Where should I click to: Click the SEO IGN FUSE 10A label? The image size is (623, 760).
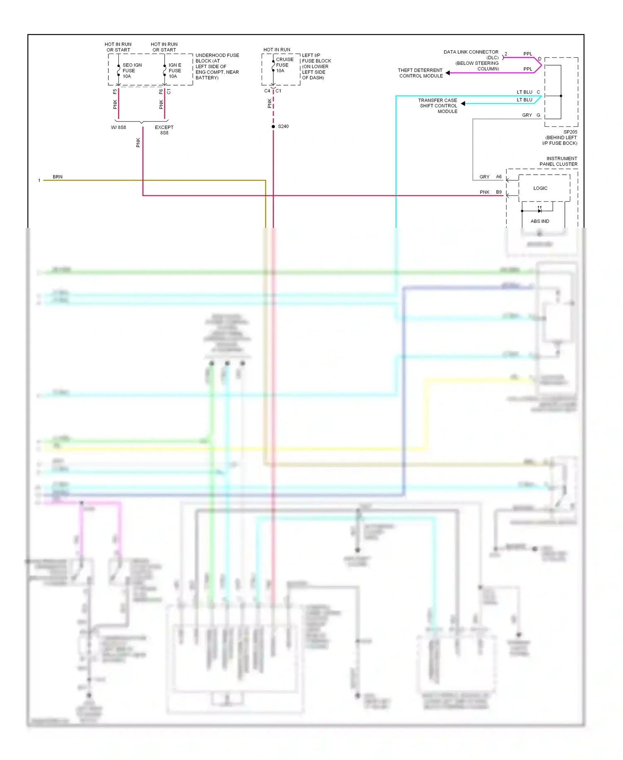(132, 71)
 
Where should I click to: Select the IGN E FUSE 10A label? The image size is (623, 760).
(175, 71)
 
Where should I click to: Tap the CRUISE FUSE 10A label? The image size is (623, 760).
(285, 65)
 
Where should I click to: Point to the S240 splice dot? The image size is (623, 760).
(273, 126)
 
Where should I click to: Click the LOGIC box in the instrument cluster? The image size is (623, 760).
(540, 188)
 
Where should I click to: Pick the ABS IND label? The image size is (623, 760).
(540, 221)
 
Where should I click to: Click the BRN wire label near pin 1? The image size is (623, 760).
(58, 177)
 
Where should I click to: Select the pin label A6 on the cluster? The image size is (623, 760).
(499, 177)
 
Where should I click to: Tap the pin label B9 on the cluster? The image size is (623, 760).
(499, 192)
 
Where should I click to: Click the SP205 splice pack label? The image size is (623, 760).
(570, 132)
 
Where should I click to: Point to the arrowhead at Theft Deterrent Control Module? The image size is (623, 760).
(448, 73)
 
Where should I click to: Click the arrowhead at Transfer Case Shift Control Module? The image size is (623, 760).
(463, 104)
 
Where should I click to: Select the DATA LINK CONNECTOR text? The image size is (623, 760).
(471, 52)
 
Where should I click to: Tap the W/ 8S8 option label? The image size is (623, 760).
(118, 128)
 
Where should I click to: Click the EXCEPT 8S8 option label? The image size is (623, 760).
(164, 130)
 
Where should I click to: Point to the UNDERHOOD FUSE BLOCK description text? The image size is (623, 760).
(217, 67)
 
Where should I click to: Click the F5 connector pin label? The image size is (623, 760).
(115, 92)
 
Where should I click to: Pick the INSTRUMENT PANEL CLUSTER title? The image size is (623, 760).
(558, 161)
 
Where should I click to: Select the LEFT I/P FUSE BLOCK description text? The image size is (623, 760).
(316, 67)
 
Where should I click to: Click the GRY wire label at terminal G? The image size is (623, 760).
(527, 115)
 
